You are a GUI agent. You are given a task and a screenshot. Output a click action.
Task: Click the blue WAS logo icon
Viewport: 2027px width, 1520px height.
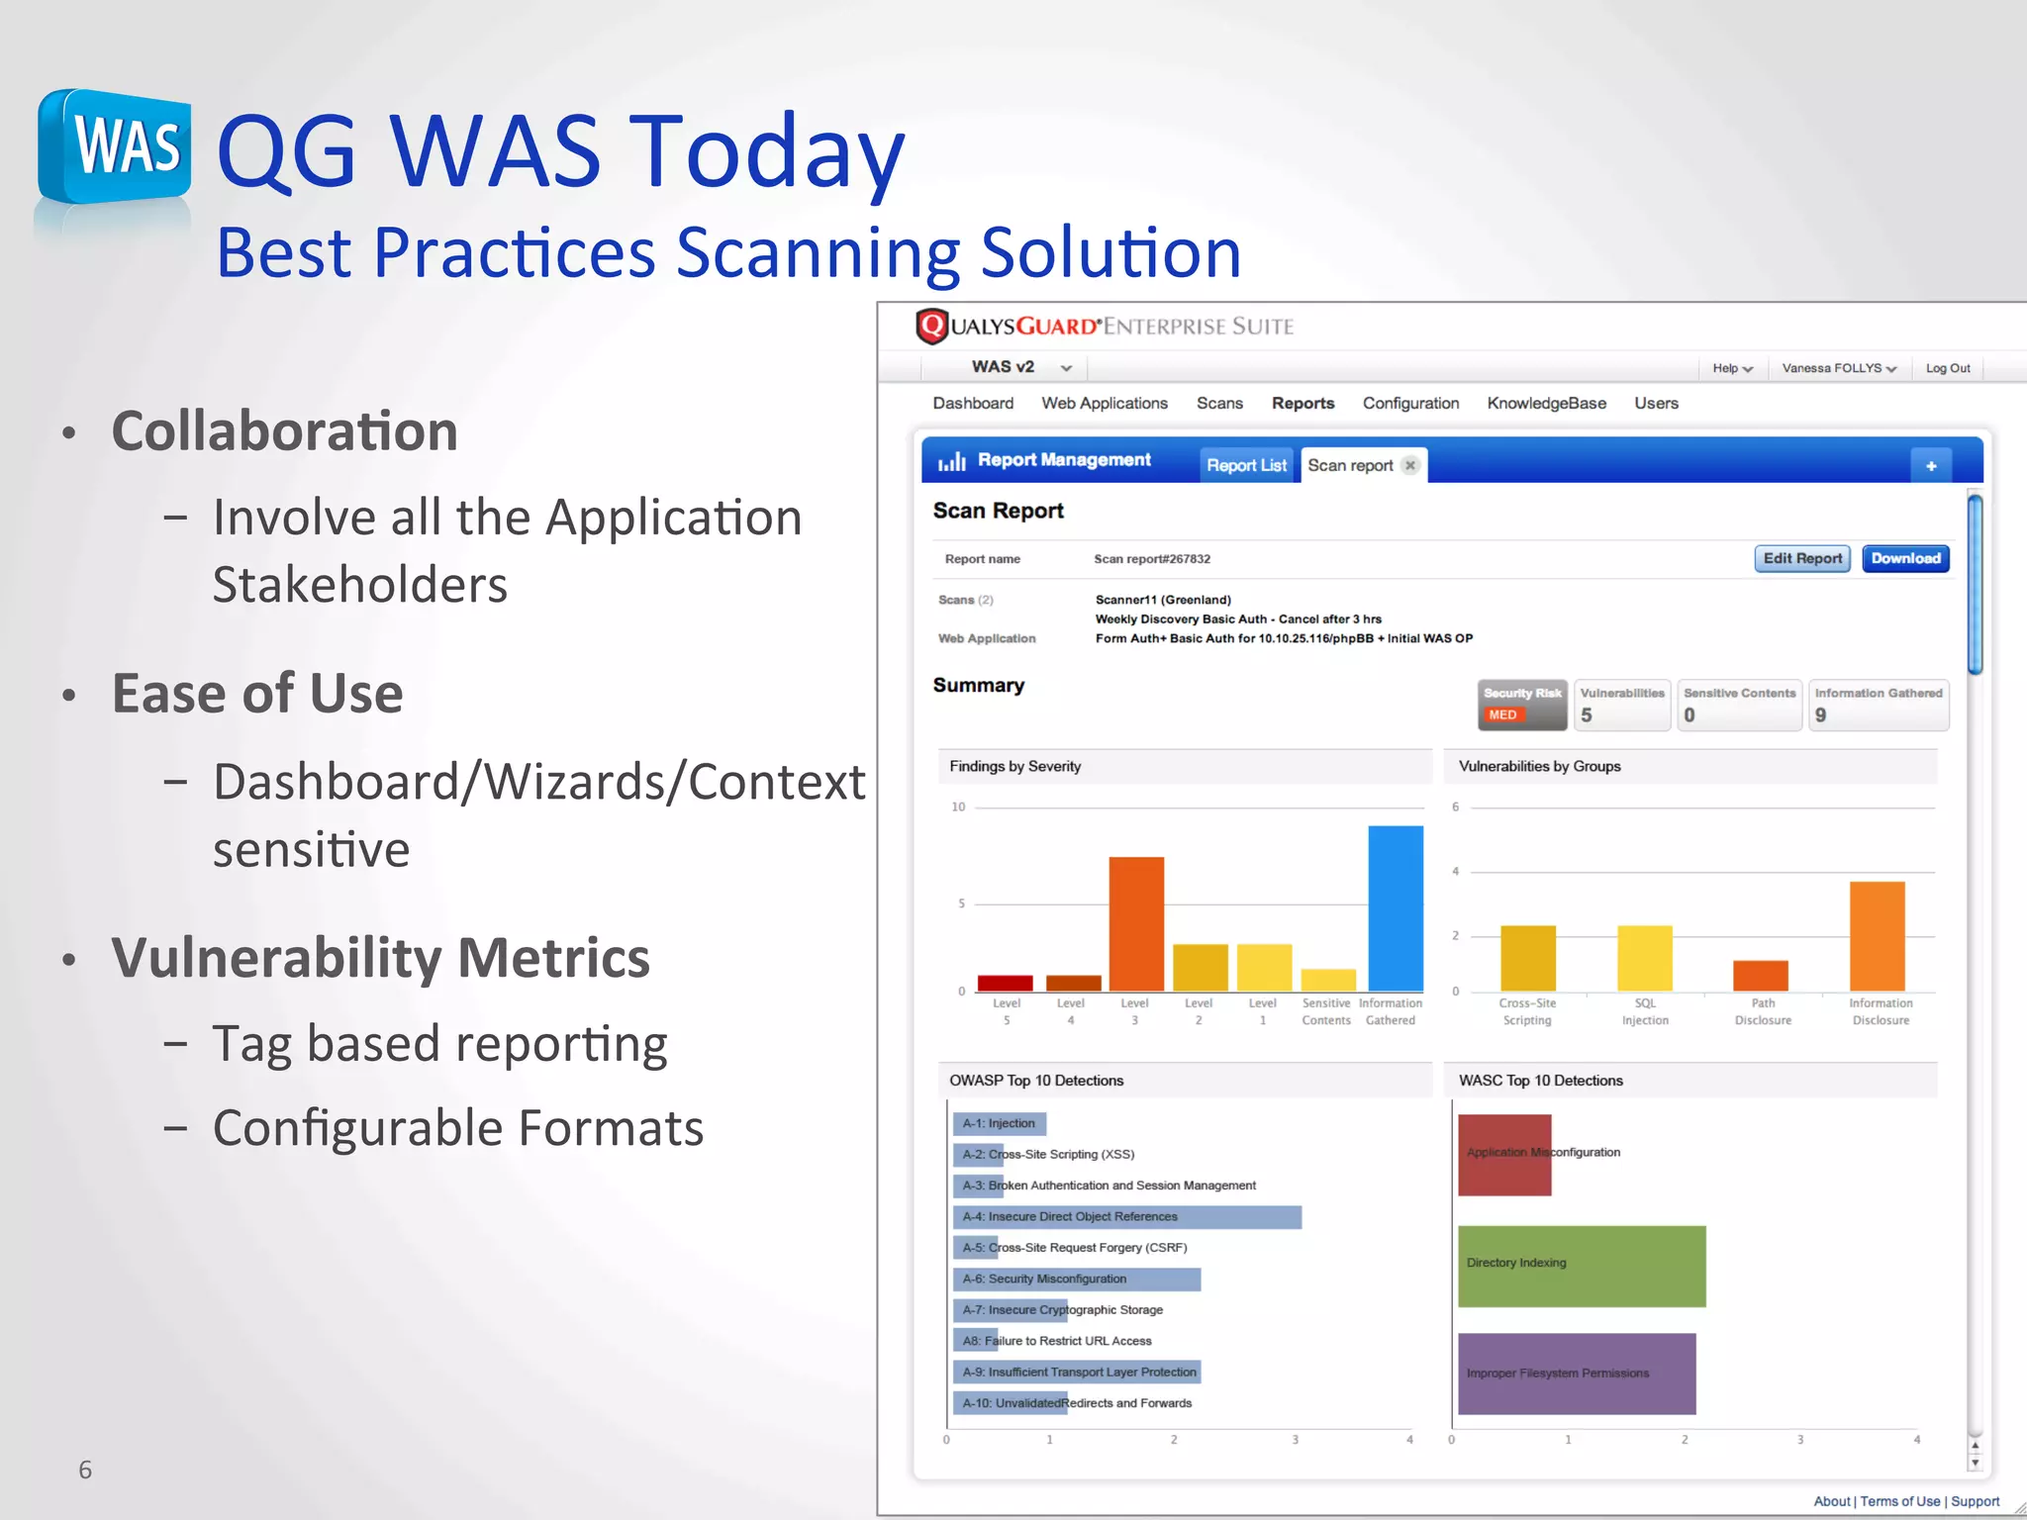(x=115, y=148)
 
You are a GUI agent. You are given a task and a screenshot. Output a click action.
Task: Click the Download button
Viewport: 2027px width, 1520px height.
(x=1905, y=558)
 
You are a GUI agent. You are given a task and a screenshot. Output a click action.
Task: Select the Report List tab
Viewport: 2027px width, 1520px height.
(x=1246, y=465)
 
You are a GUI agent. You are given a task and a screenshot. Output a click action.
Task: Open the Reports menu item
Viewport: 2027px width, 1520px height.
(x=1303, y=403)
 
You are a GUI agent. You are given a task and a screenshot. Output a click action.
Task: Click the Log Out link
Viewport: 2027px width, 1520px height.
(x=1947, y=368)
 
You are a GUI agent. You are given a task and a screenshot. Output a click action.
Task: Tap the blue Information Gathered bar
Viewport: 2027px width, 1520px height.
(x=1395, y=908)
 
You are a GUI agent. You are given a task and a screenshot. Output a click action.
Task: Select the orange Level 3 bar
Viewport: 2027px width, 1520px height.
(x=1135, y=923)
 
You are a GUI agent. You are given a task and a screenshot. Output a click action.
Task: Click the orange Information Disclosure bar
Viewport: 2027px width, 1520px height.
(x=1877, y=936)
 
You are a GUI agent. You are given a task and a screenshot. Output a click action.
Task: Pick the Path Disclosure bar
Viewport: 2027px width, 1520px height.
(x=1760, y=976)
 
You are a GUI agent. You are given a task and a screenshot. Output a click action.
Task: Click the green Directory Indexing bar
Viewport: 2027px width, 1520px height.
(x=1581, y=1266)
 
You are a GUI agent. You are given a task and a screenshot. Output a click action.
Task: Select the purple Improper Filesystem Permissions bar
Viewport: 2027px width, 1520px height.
(x=1576, y=1374)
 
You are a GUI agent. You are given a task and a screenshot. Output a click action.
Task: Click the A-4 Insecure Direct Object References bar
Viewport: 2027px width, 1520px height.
(x=1126, y=1217)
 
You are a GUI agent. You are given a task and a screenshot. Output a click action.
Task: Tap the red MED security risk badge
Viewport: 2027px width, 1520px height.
(x=1502, y=714)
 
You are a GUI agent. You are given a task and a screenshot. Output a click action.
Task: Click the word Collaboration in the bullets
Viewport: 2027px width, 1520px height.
(x=284, y=431)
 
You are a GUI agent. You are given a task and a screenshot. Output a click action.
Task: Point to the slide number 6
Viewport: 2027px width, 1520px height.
(x=85, y=1470)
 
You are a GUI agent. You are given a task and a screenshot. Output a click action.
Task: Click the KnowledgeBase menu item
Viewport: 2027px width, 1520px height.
(x=1546, y=403)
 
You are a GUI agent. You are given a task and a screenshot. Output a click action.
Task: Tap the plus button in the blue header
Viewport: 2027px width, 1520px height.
(x=1930, y=465)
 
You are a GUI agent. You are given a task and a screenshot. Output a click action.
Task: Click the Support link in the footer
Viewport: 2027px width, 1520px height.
(x=1975, y=1501)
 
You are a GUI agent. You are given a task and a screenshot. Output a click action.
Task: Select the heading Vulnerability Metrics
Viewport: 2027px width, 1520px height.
(x=380, y=958)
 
